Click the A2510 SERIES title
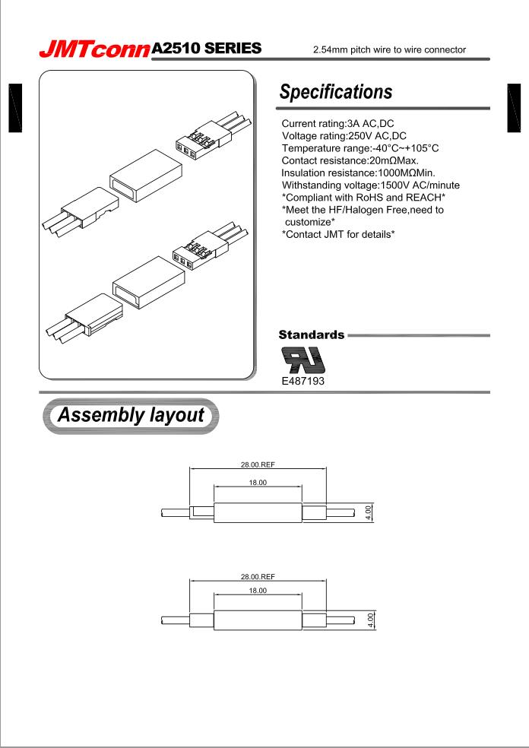tap(207, 49)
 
